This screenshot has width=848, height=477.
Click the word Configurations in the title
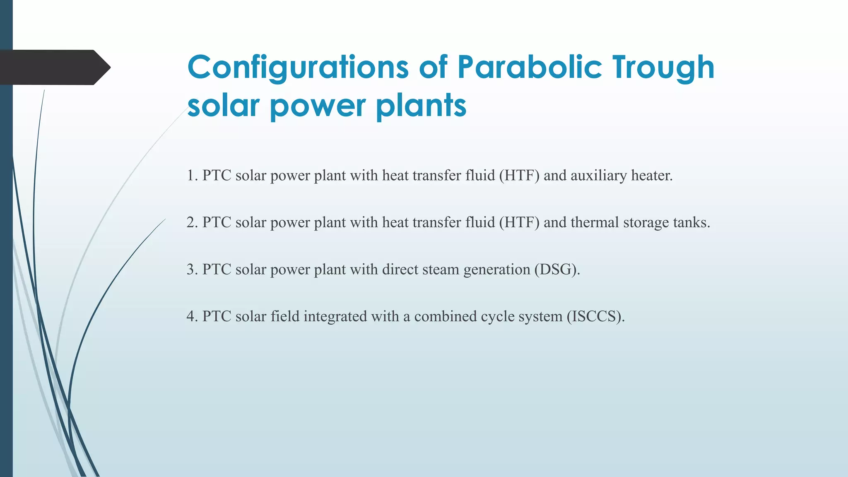pyautogui.click(x=297, y=67)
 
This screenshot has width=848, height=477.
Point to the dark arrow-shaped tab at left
pyautogui.click(x=54, y=67)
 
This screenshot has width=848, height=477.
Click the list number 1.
pyautogui.click(x=191, y=176)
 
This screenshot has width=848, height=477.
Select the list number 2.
pyautogui.click(x=191, y=223)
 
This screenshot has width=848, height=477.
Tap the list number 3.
pyautogui.click(x=191, y=270)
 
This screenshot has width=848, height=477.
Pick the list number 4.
pyautogui.click(x=191, y=317)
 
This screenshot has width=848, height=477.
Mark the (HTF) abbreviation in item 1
pyautogui.click(x=519, y=176)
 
